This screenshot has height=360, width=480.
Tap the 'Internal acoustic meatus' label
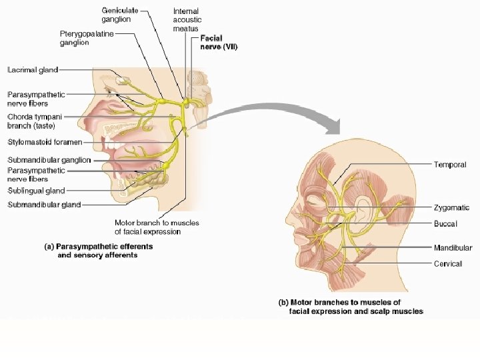click(186, 20)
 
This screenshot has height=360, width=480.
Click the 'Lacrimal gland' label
click(33, 69)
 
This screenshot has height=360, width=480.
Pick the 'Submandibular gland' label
click(44, 205)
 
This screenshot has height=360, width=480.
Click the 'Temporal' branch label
click(450, 165)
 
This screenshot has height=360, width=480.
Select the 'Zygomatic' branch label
click(452, 208)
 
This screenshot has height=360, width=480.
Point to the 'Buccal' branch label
click(445, 224)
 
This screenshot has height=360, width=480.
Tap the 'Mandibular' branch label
click(453, 248)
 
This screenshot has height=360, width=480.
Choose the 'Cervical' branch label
click(448, 264)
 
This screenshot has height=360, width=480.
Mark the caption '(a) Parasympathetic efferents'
click(98, 247)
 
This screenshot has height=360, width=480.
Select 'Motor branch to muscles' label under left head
click(157, 223)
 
